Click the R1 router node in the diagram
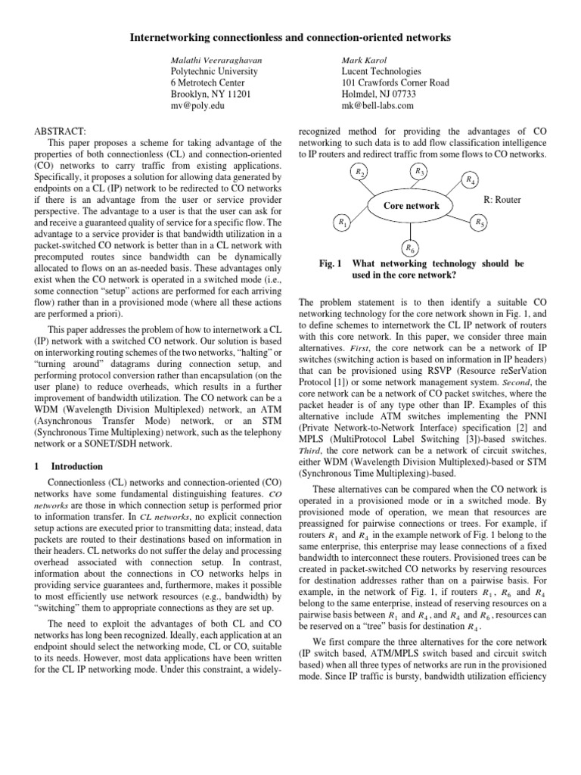tap(343, 223)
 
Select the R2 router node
tap(361, 173)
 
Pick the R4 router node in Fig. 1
tap(471, 180)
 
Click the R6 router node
tap(409, 247)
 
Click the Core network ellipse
tap(411, 205)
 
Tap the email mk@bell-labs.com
tap(378, 107)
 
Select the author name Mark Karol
tap(365, 58)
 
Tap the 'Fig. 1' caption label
tap(331, 264)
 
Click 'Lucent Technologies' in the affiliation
tap(384, 70)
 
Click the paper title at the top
tap(290, 36)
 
